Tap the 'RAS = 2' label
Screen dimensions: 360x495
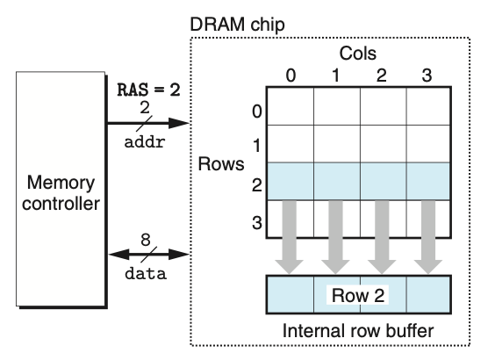click(148, 88)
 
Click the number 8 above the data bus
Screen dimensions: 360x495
click(147, 238)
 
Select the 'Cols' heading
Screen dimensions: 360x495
click(359, 54)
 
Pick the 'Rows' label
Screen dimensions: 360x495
click(222, 164)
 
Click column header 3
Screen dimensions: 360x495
click(427, 75)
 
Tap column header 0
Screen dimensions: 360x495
click(291, 75)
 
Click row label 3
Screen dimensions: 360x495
click(256, 222)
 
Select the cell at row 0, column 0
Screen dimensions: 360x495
click(291, 105)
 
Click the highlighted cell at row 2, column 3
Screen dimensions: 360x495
click(427, 181)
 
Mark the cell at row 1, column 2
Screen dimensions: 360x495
click(382, 143)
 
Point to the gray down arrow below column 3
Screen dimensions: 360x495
click(427, 237)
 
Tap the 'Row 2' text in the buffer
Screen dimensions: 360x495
click(358, 295)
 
